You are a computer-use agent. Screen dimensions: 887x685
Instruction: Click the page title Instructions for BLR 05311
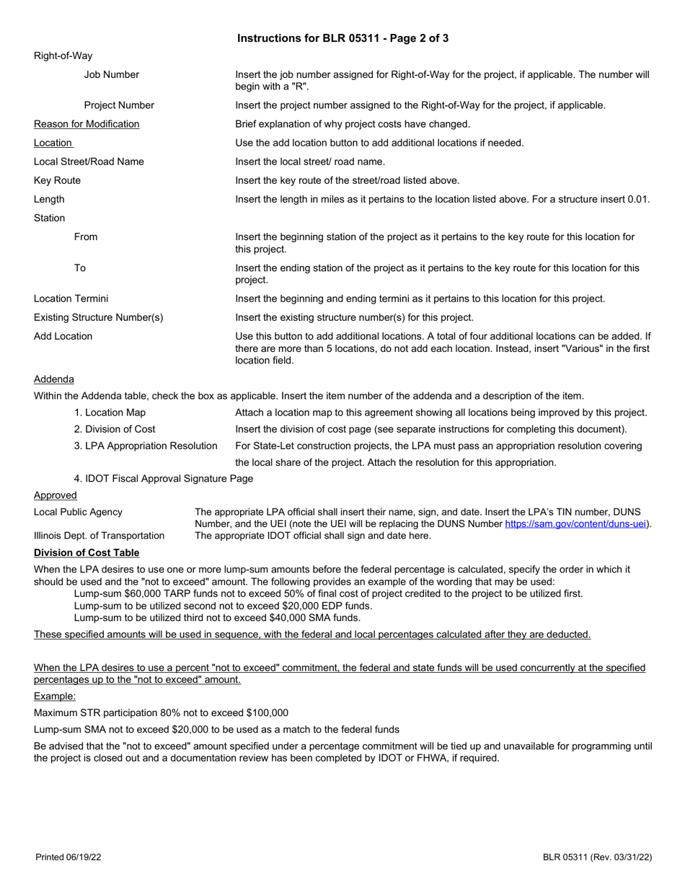click(x=342, y=38)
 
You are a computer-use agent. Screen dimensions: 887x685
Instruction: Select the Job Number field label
click(x=112, y=74)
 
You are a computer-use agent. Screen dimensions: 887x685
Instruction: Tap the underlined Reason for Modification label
click(x=87, y=124)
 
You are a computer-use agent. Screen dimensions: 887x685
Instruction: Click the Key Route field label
click(x=57, y=180)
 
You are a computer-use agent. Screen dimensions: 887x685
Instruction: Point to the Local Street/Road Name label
click(x=89, y=162)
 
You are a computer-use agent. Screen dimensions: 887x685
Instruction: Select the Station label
click(x=49, y=218)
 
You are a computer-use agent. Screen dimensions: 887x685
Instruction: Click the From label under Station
click(x=86, y=237)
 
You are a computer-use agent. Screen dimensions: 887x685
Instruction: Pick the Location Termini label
click(x=71, y=299)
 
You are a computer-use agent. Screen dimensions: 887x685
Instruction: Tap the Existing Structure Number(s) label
click(x=99, y=317)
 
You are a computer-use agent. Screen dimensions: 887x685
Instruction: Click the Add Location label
click(x=63, y=336)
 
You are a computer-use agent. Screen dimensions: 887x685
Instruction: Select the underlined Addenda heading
click(x=53, y=379)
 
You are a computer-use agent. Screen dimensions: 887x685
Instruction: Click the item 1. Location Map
click(x=110, y=412)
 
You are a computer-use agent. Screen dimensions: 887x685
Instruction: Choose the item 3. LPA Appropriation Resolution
click(x=146, y=446)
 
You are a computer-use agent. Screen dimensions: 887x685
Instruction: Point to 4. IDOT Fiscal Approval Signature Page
click(x=164, y=478)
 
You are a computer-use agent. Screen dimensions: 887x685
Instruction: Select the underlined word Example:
click(x=55, y=696)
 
